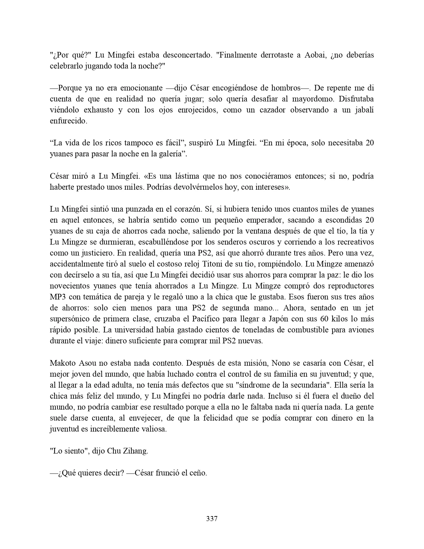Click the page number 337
[212, 518]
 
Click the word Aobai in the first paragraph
[315, 55]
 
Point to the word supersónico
[70, 319]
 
